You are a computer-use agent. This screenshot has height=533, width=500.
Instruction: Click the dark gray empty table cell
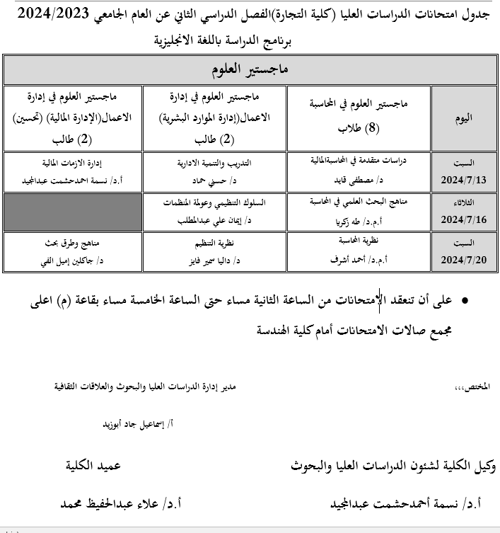(x=73, y=212)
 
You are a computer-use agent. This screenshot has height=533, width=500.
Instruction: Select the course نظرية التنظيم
(x=214, y=242)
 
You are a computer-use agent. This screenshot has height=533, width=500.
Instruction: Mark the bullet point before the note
(x=465, y=302)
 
